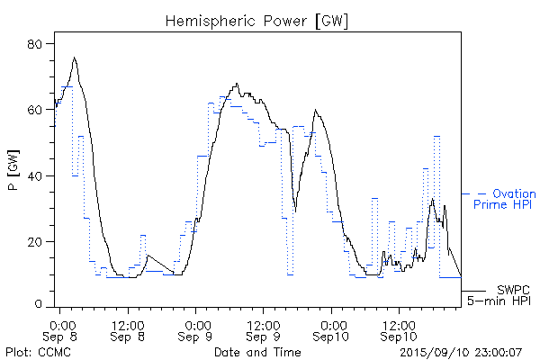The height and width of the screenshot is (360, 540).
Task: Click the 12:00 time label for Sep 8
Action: [128, 323]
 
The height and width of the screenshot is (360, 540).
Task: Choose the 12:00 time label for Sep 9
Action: [263, 323]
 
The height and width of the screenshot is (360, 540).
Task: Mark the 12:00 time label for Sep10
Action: [399, 323]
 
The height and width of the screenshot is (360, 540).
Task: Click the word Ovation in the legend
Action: [515, 193]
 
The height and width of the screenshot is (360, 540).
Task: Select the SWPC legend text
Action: [512, 289]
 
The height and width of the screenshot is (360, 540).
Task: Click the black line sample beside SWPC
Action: [475, 292]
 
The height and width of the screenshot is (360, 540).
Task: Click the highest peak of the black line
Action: [75, 58]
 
